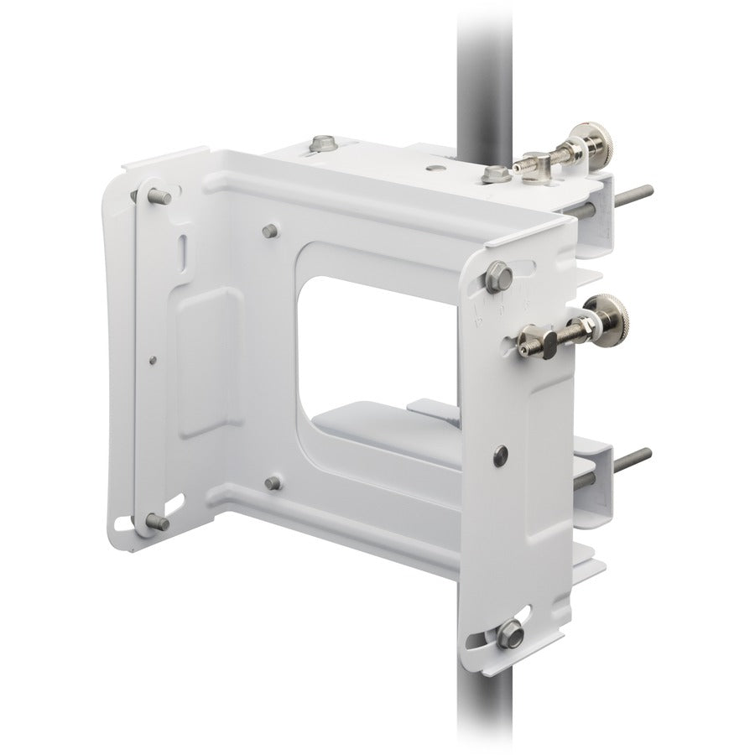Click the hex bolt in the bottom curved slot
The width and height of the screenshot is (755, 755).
(x=508, y=635)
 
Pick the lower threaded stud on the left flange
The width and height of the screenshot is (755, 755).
(x=157, y=523)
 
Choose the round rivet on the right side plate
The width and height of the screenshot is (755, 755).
(x=501, y=453)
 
